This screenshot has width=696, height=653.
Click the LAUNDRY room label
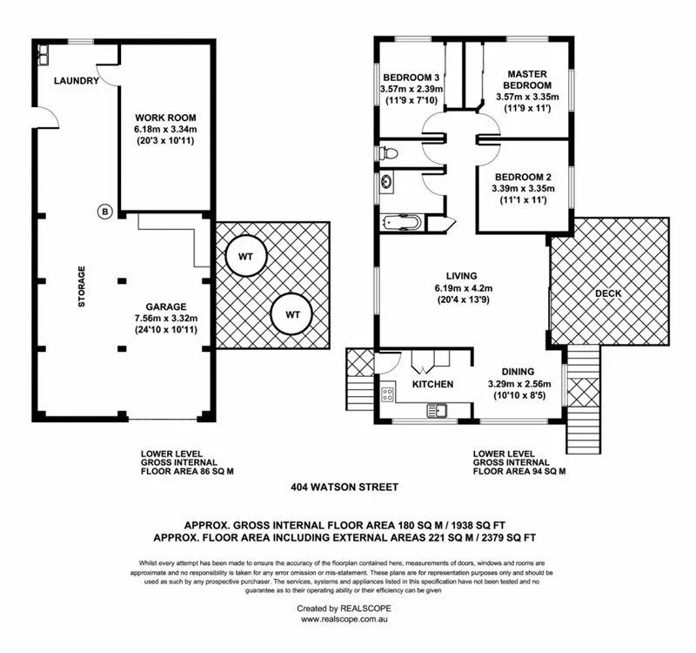pos(72,81)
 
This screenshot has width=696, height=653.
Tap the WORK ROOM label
pos(165,118)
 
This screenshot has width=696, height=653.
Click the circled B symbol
pos(104,211)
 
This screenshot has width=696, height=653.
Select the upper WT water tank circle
pos(245,256)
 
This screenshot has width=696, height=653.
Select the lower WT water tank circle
pos(293,313)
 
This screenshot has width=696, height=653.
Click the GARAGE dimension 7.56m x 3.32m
pos(166,319)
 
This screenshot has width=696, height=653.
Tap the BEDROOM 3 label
pos(412,77)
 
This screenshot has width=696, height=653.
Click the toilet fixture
pos(389,154)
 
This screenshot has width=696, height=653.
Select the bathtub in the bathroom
pos(402,223)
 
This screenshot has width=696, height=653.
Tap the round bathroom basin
pos(386,183)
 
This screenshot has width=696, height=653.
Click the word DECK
pos(608,293)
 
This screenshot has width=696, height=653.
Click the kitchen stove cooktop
pos(388,394)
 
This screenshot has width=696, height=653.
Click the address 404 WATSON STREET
pos(347,490)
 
